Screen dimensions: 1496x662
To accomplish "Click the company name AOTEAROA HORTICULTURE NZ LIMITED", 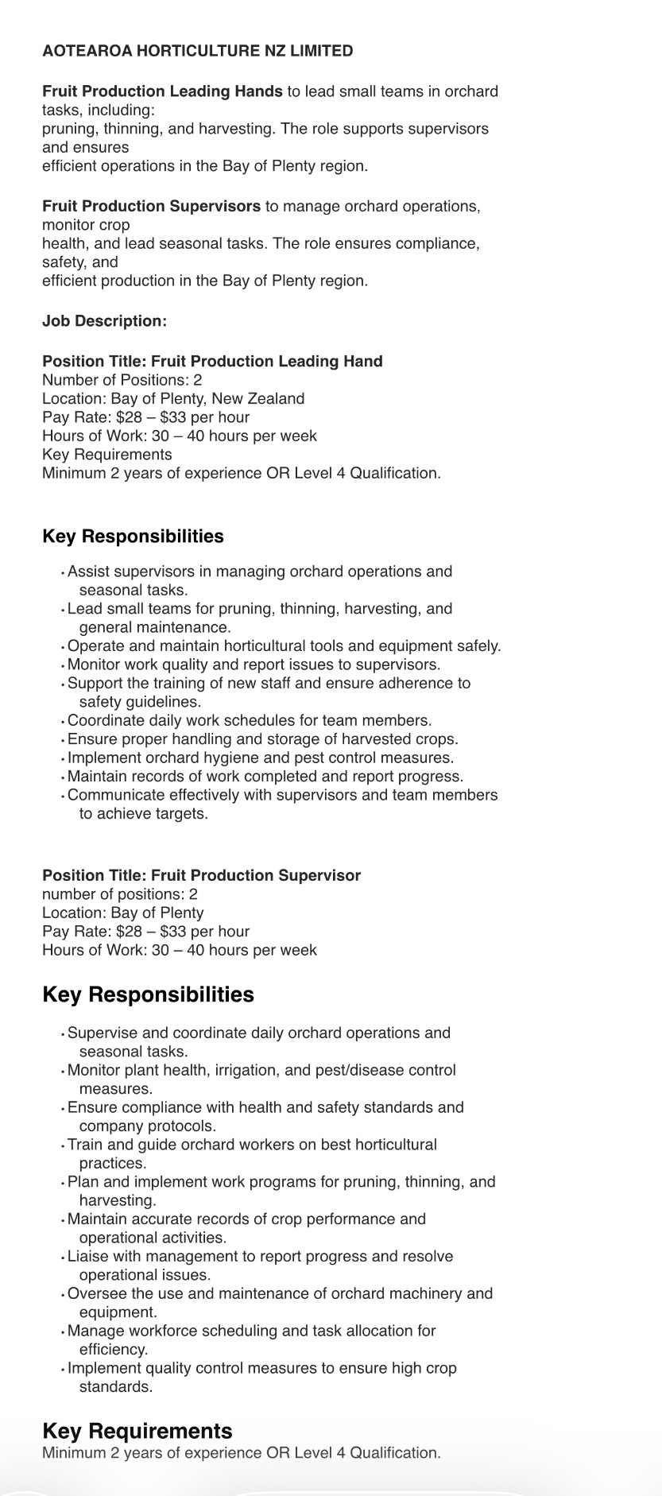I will coord(197,51).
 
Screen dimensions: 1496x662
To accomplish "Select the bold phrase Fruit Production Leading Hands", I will coord(162,91).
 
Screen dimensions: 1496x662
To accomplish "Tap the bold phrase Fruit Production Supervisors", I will coord(151,206).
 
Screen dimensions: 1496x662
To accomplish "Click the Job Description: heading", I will coord(104,321).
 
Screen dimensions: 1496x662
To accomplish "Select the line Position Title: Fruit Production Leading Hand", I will coord(212,362).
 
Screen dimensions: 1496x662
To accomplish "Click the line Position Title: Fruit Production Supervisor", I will coord(201,875).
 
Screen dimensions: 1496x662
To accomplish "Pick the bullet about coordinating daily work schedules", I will coord(249,721).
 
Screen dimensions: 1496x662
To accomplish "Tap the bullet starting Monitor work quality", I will coord(253,665).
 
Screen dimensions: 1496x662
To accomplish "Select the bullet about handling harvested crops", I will coord(262,739).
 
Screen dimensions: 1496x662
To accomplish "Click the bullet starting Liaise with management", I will coord(260,1256).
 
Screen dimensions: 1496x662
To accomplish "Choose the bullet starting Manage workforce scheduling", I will coord(251,1331).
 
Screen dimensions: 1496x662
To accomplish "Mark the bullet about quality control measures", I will coord(261,1368).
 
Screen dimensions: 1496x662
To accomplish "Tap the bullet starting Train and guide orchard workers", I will coord(252,1145).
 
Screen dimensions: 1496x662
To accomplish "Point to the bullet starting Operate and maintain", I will coord(284,646).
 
